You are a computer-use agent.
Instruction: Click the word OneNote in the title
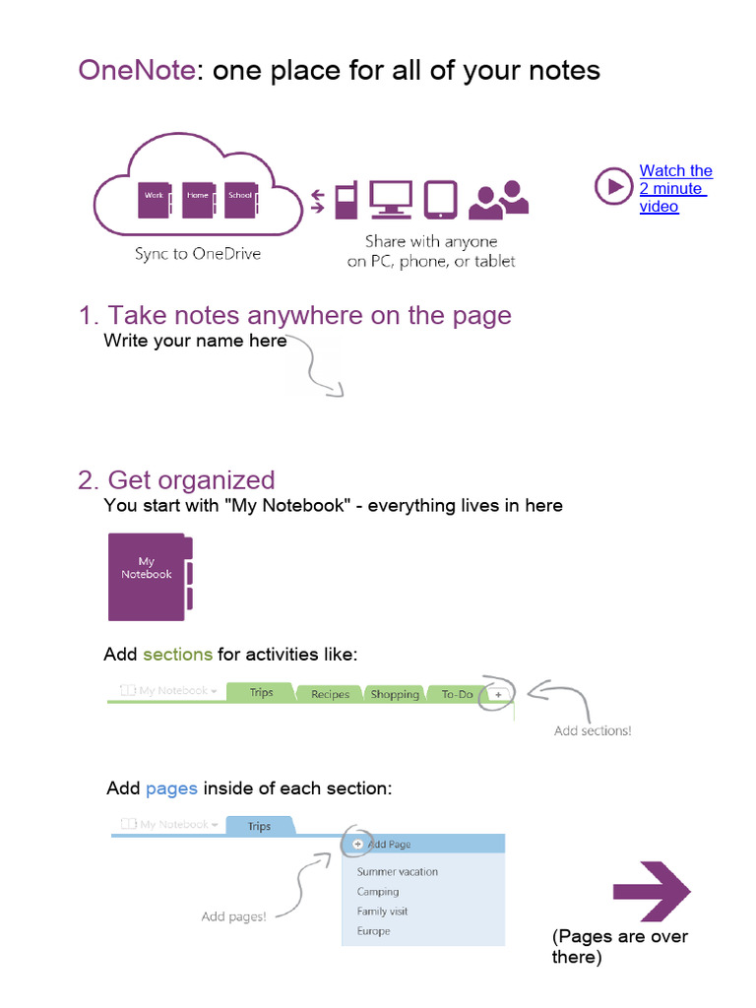pyautogui.click(x=137, y=71)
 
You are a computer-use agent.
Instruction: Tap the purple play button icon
pyautogui.click(x=612, y=186)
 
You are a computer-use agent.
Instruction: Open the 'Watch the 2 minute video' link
pyautogui.click(x=675, y=188)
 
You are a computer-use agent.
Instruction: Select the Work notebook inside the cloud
pyautogui.click(x=155, y=199)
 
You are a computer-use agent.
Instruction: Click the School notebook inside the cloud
pyautogui.click(x=239, y=199)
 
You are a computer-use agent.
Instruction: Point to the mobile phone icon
pyautogui.click(x=345, y=200)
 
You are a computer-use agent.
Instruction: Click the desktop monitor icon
pyautogui.click(x=390, y=199)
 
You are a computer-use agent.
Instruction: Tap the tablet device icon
pyautogui.click(x=439, y=199)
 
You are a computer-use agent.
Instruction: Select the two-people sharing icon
pyautogui.click(x=498, y=200)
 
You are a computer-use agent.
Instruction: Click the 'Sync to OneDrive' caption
pyautogui.click(x=198, y=254)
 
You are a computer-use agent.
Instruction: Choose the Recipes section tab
pyautogui.click(x=330, y=694)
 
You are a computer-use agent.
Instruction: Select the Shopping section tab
pyautogui.click(x=395, y=694)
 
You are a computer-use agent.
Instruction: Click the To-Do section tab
pyautogui.click(x=457, y=694)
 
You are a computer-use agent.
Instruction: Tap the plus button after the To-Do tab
pyautogui.click(x=498, y=694)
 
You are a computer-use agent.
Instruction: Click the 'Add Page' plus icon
pyautogui.click(x=357, y=844)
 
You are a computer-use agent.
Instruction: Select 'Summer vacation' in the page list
pyautogui.click(x=397, y=872)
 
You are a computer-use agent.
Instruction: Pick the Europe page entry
pyautogui.click(x=373, y=931)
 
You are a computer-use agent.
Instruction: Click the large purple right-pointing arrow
pyautogui.click(x=652, y=893)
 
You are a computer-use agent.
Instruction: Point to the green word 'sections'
pyautogui.click(x=177, y=655)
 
